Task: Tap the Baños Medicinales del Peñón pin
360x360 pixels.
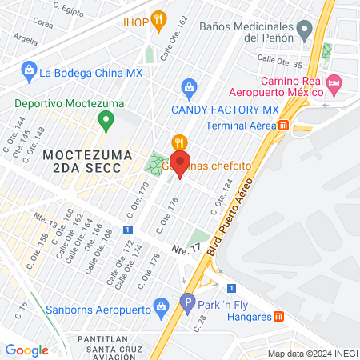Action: [304, 30]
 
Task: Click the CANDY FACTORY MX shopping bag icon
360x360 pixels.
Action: [189, 86]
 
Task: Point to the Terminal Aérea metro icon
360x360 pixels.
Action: [284, 125]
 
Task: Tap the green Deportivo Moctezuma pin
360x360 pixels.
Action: [105, 122]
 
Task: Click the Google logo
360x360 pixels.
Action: [26, 350]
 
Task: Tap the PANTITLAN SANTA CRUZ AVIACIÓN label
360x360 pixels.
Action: [109, 346]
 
